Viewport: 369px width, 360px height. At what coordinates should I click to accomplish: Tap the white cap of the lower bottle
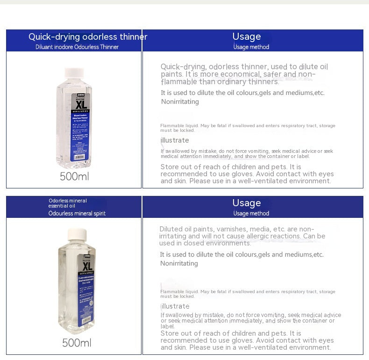pyautogui.click(x=77, y=235)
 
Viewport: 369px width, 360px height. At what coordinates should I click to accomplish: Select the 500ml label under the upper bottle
pyautogui.click(x=74, y=177)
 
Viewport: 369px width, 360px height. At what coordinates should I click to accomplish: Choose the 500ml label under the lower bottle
pyautogui.click(x=77, y=343)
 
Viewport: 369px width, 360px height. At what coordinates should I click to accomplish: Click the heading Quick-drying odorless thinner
pyautogui.click(x=88, y=37)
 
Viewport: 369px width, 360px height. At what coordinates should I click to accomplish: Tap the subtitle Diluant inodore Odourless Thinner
pyautogui.click(x=77, y=47)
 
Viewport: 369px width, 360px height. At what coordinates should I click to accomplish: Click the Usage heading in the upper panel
pyautogui.click(x=247, y=36)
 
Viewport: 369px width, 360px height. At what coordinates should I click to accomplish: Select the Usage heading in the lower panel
pyautogui.click(x=247, y=203)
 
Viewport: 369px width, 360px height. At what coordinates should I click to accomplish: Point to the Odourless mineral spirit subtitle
pyautogui.click(x=77, y=214)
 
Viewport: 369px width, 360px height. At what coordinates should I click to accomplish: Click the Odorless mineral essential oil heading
pyautogui.click(x=68, y=203)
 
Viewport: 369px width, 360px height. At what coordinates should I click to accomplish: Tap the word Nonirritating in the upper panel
pyautogui.click(x=180, y=101)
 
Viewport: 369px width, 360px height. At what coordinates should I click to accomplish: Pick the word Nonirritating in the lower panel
pyautogui.click(x=179, y=263)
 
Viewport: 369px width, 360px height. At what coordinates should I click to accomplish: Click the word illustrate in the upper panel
pyautogui.click(x=175, y=140)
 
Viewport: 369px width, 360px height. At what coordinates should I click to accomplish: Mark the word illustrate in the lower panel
pyautogui.click(x=175, y=306)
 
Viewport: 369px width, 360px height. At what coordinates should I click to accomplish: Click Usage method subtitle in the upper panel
pyautogui.click(x=251, y=47)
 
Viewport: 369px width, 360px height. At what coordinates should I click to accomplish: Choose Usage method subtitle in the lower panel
pyautogui.click(x=251, y=214)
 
